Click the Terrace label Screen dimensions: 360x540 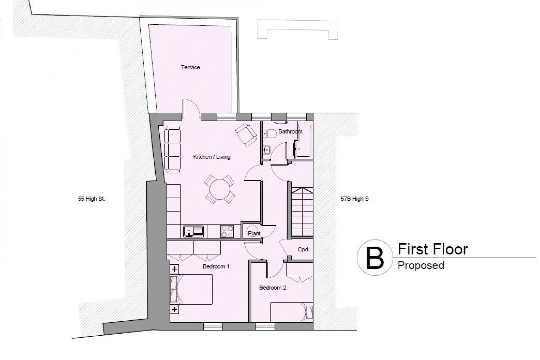pos(190,67)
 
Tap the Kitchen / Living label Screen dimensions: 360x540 pos(212,157)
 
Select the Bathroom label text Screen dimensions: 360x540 pos(290,131)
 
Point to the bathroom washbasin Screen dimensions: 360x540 pos(266,149)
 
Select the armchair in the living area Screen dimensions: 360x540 pos(246,135)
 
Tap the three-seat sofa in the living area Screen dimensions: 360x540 pos(172,149)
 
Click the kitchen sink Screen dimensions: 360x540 pos(193,231)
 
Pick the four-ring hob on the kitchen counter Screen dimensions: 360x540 pos(227,231)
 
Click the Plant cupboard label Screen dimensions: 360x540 pos(254,233)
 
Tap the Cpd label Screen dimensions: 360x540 pos(303,250)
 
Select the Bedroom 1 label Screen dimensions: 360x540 pos(216,266)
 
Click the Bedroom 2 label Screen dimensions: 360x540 pos(272,288)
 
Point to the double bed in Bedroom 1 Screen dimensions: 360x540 pos(192,289)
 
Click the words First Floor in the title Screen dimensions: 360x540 pos(433,250)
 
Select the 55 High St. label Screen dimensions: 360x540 pos(91,199)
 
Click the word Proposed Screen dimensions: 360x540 pos(421,265)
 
